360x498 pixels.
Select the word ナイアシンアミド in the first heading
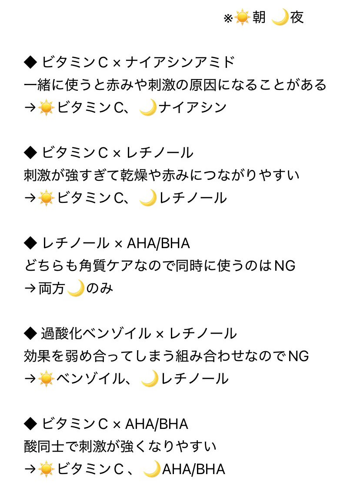[180, 63]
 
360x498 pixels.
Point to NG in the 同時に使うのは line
[285, 266]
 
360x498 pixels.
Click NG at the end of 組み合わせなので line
[298, 356]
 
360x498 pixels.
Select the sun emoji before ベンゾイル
[46, 379]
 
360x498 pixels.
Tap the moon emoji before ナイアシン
[148, 107]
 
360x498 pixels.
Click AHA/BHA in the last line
[193, 469]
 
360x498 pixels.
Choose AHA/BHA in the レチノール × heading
[158, 243]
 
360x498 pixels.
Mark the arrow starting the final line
[30, 469]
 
